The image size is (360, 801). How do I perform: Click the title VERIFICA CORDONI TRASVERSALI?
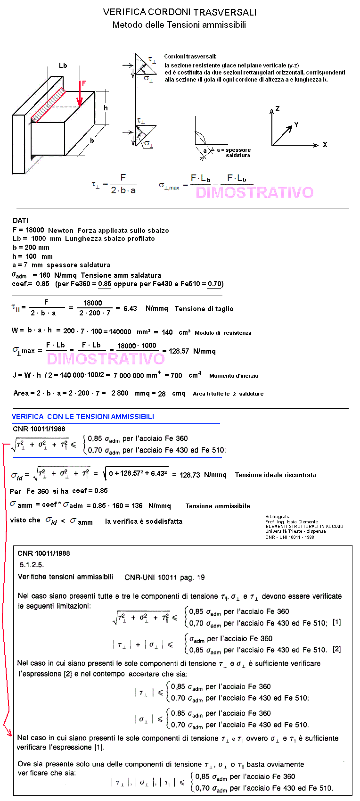coord(180,12)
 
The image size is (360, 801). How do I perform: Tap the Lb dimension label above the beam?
coord(63,66)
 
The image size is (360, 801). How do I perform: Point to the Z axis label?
coord(278,109)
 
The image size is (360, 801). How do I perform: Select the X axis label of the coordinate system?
coord(325,145)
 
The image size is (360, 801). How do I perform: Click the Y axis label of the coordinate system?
coord(296,125)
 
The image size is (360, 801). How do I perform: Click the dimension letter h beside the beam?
coord(106,108)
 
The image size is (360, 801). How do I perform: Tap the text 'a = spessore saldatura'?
coord(234,152)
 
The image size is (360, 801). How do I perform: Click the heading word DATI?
coord(20,220)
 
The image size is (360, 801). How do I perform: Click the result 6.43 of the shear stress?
coord(130,308)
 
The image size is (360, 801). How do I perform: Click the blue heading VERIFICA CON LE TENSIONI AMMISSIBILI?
coord(83,416)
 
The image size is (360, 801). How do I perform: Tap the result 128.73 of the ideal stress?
coord(190,475)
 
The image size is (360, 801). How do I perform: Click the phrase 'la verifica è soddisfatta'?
coord(144,521)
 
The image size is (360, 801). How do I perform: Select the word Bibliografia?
coord(278,516)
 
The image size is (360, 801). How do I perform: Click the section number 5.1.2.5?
coord(32,564)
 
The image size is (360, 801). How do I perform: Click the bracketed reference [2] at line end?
coord(336,649)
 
